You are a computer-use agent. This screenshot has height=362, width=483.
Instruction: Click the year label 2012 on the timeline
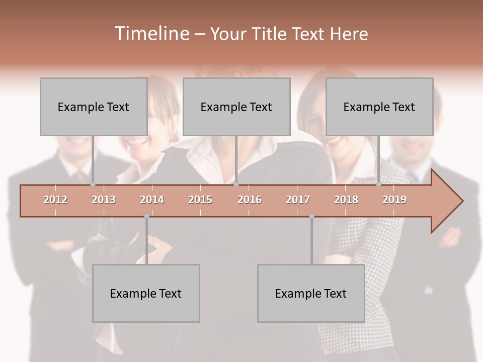[x=55, y=200]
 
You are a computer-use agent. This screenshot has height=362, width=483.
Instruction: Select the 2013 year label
[x=104, y=200]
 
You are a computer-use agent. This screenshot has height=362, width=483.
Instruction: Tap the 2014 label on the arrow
[x=152, y=200]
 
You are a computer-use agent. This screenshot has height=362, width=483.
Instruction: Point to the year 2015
[x=200, y=200]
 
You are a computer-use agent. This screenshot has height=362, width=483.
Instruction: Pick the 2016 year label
[x=250, y=200]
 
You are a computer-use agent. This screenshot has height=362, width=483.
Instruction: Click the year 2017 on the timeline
[x=298, y=200]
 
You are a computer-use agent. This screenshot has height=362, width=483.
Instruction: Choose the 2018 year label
[x=346, y=200]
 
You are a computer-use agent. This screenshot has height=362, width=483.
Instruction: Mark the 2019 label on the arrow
[x=394, y=200]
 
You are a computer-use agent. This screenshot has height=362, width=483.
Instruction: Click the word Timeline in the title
[x=151, y=34]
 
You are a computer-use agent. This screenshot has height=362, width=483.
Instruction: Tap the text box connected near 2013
[x=94, y=107]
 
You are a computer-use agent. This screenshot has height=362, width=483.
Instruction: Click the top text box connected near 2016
[x=236, y=107]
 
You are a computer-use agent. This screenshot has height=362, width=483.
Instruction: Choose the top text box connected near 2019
[x=379, y=107]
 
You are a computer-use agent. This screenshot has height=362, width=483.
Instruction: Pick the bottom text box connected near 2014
[x=146, y=293]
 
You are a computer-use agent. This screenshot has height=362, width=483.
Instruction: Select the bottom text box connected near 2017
[x=311, y=293]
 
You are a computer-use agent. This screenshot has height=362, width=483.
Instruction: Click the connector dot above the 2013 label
[x=93, y=184]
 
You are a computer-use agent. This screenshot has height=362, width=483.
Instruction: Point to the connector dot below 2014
[x=146, y=216]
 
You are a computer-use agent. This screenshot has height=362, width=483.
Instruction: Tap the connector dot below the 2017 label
[x=311, y=216]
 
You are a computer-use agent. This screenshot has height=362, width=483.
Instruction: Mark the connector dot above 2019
[x=378, y=184]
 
